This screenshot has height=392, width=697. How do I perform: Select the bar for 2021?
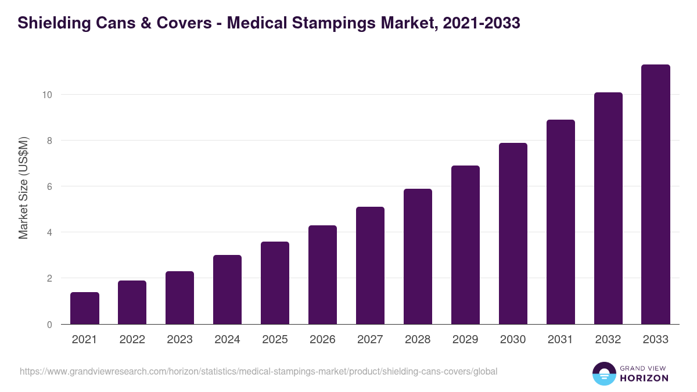point(85,308)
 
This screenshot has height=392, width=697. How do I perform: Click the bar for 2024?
point(227,290)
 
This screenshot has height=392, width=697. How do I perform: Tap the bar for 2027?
point(370,265)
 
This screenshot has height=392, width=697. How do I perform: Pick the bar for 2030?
point(513,233)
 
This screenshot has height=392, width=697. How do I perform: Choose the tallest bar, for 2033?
point(656,195)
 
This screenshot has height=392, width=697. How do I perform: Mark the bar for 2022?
point(132,303)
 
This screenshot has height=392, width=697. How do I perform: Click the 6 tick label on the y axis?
point(50,186)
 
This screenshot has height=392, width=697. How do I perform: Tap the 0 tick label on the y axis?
point(50,325)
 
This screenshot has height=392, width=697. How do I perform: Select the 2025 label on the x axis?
point(275,340)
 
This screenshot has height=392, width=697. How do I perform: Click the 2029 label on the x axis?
point(465,340)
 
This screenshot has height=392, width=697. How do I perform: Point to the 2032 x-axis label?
point(608,340)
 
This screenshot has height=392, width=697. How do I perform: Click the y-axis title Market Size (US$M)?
point(23,188)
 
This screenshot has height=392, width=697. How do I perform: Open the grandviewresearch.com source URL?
point(258,371)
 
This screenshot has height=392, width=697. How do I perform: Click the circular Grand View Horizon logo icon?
point(603,373)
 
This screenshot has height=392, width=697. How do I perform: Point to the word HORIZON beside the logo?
point(645,378)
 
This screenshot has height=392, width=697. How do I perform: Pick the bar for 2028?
point(418,257)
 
